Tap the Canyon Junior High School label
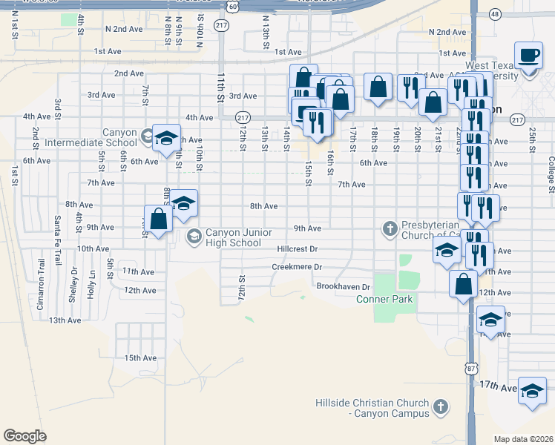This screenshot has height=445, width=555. (234, 236)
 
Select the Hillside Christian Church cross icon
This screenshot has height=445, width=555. (441, 406)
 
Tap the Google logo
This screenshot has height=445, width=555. (24, 436)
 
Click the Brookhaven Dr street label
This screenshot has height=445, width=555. (343, 286)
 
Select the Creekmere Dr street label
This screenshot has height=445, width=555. (297, 267)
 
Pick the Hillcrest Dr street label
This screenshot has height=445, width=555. (297, 250)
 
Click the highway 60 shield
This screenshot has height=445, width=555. (233, 6)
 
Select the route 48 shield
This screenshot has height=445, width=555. (495, 13)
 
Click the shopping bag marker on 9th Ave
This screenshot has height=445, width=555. (158, 220)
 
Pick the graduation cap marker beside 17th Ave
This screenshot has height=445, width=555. (532, 391)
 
